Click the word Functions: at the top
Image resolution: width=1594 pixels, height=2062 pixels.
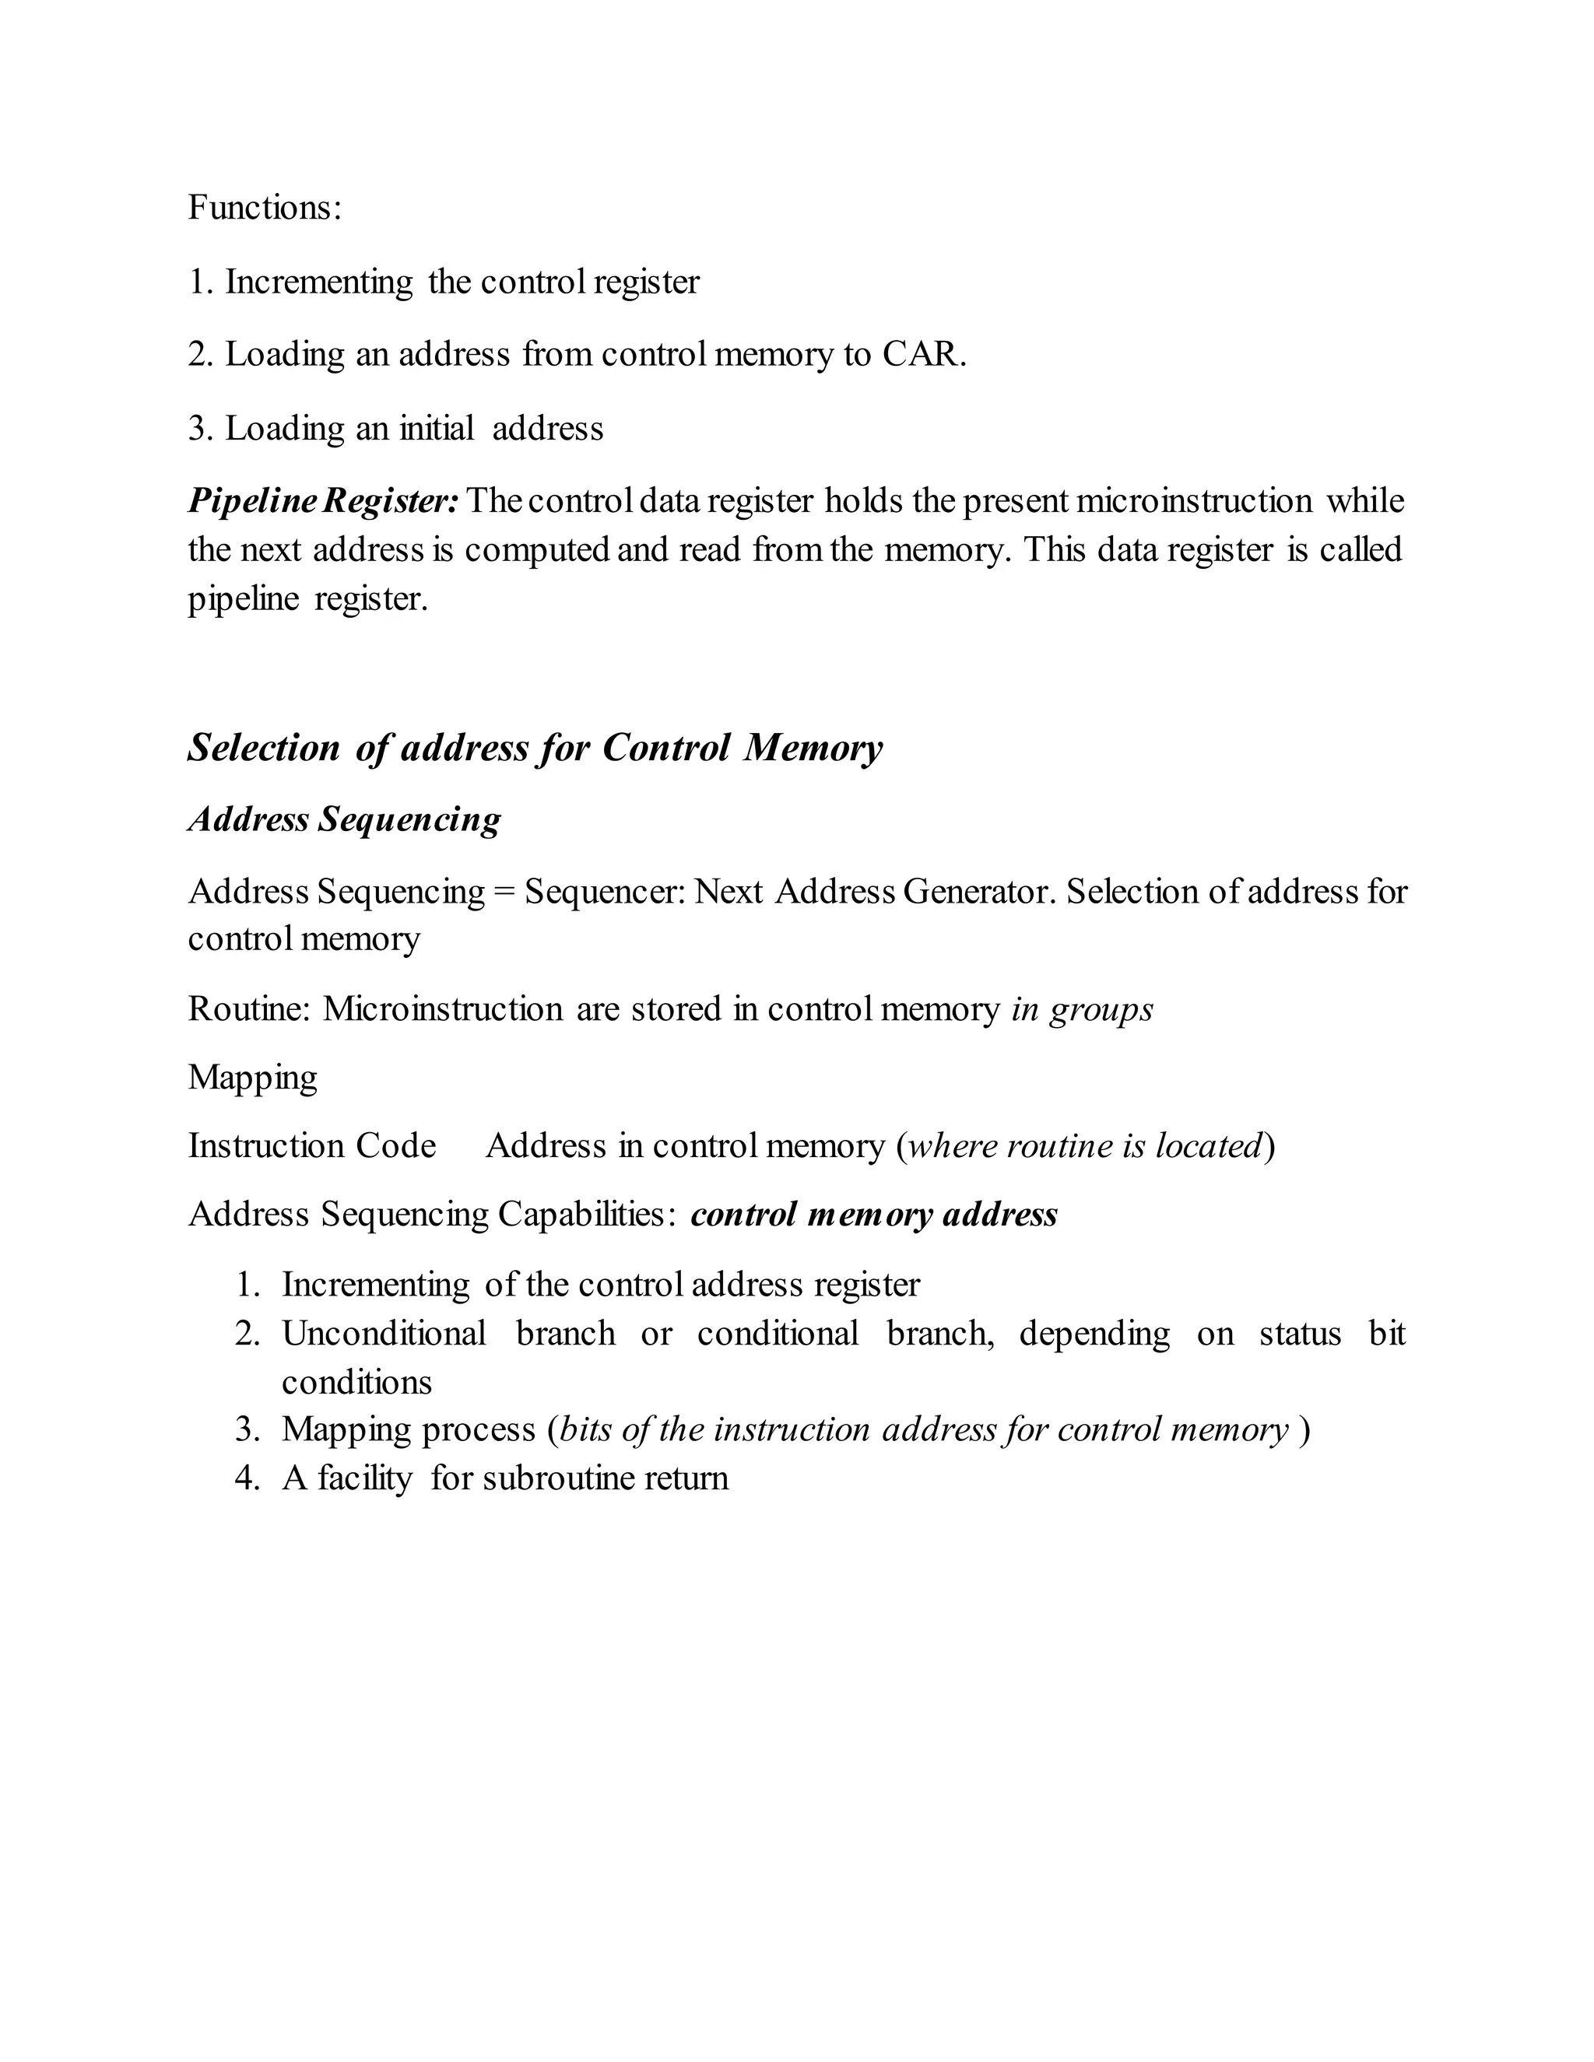tap(265, 208)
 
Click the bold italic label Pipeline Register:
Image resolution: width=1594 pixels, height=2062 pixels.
tap(323, 500)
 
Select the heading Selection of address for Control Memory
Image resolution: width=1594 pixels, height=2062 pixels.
tap(535, 748)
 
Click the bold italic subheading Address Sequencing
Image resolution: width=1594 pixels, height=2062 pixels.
tap(345, 819)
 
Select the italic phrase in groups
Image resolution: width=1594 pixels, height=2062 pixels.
tap(1082, 1010)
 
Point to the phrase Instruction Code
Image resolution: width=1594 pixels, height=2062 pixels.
tap(311, 1146)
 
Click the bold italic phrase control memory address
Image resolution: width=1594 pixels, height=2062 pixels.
tap(873, 1214)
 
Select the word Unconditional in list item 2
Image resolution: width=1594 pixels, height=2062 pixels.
tap(384, 1334)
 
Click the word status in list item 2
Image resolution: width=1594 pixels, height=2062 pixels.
tap(1299, 1334)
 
